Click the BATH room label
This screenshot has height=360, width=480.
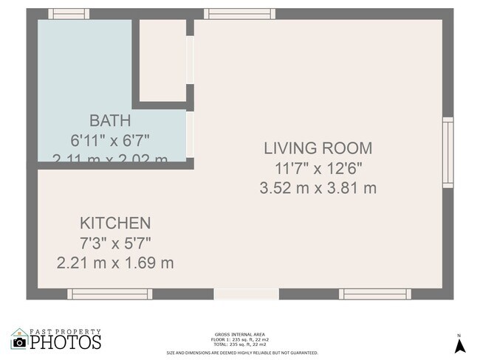click(x=110, y=120)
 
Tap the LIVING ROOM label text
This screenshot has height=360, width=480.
click(x=318, y=148)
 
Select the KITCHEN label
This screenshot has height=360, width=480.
click(x=115, y=223)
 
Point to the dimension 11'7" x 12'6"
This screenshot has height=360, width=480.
click(x=318, y=168)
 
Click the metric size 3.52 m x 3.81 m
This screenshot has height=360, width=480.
click(x=318, y=188)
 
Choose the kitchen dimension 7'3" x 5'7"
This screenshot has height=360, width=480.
click(x=115, y=242)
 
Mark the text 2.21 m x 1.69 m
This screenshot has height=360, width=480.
click(x=115, y=262)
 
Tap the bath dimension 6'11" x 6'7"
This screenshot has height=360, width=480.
click(x=110, y=139)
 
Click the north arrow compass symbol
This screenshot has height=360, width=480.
click(x=459, y=345)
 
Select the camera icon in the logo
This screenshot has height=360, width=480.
click(x=19, y=342)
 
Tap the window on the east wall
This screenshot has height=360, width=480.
click(x=448, y=153)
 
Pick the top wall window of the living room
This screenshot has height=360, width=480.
click(x=232, y=14)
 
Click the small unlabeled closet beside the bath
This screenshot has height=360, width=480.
click(x=162, y=60)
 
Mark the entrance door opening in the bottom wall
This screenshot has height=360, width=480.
click(x=246, y=294)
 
